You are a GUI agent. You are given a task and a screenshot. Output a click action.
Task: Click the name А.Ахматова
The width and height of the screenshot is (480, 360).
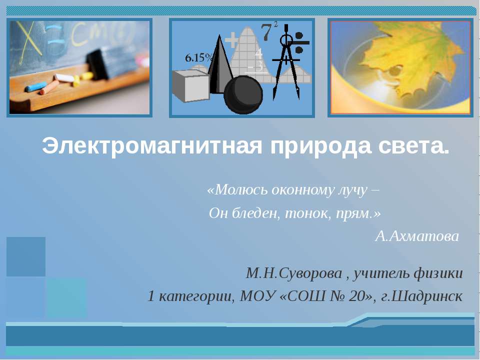(416, 236)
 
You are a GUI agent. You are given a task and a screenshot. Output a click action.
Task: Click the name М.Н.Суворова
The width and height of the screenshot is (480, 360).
(294, 273)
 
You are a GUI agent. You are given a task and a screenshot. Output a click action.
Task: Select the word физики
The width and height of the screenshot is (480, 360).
(439, 273)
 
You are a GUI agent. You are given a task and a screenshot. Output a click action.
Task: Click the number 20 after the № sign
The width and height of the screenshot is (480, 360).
(358, 296)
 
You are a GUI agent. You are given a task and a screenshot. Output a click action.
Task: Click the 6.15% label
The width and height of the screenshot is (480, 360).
(199, 58)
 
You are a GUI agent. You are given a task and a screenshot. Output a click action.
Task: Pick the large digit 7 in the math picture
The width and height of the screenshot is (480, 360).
(267, 32)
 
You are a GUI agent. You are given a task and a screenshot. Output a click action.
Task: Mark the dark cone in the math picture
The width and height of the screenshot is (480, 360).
(218, 65)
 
